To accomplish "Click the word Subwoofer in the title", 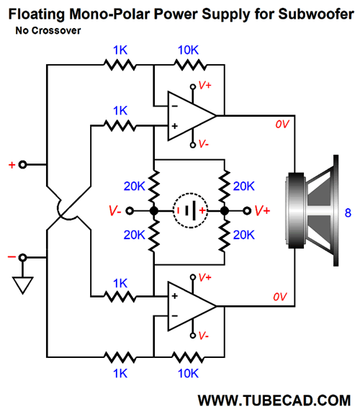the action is (316, 14).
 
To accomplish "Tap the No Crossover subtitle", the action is (48, 30).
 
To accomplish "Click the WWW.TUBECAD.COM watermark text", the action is (274, 400).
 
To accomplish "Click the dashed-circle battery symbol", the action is (190, 210).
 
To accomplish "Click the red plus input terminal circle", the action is (23, 165).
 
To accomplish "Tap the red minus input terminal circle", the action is (23, 258).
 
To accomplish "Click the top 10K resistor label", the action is (188, 50).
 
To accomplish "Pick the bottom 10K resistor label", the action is (188, 373).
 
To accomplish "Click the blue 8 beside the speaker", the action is (348, 212).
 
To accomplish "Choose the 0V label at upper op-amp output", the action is (282, 124).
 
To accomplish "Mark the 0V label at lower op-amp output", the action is (280, 297).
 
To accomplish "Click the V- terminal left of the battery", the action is (130, 211).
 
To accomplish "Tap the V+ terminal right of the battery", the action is (247, 211).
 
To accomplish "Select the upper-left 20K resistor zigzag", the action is (154, 186).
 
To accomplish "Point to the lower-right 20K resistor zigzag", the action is (225, 235).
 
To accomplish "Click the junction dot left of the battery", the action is (154, 211).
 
